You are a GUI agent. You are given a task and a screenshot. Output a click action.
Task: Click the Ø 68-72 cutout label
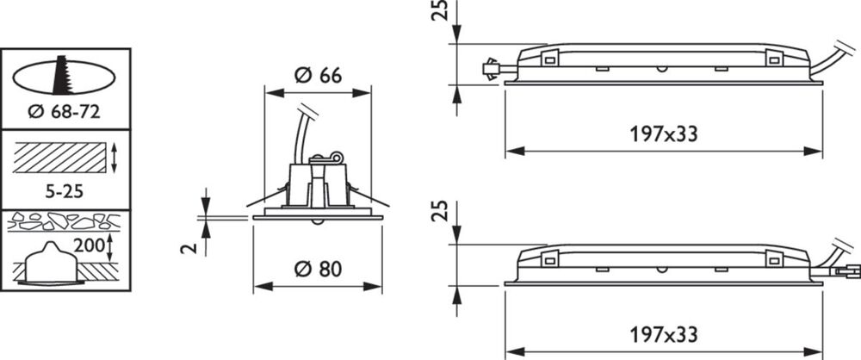[x=65, y=112]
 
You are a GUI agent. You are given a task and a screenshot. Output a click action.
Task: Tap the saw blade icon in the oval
[x=60, y=75]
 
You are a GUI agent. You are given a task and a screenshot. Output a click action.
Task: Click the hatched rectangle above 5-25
[x=59, y=158]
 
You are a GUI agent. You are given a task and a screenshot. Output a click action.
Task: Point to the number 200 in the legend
[x=89, y=245]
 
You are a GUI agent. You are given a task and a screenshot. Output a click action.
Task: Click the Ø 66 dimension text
[x=318, y=74]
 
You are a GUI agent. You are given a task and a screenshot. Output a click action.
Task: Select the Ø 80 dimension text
[x=318, y=269]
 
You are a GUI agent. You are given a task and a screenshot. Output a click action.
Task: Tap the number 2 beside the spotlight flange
[x=189, y=249]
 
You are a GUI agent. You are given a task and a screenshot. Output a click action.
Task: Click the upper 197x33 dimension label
[x=663, y=133]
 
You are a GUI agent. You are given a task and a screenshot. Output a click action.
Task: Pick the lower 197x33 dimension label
[x=663, y=335]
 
